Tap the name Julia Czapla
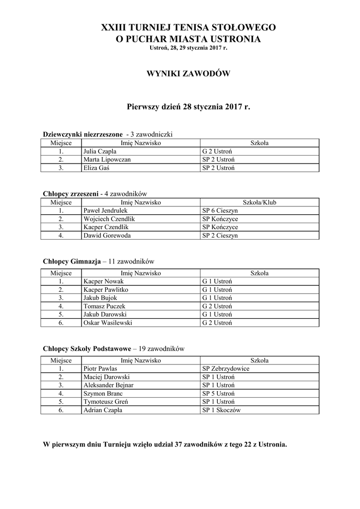pyautogui.click(x=100, y=152)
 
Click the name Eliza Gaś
pyautogui.click(x=96, y=168)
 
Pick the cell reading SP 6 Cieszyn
pyautogui.click(x=220, y=211)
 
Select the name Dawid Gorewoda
pyautogui.click(x=107, y=236)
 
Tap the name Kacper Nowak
pyautogui.click(x=100, y=281)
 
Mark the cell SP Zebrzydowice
pyautogui.click(x=226, y=369)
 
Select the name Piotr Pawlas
pyautogui.click(x=100, y=369)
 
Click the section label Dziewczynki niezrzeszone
pyautogui.click(x=83, y=134)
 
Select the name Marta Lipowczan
pyautogui.click(x=107, y=160)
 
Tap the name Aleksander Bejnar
pyautogui.click(x=108, y=385)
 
